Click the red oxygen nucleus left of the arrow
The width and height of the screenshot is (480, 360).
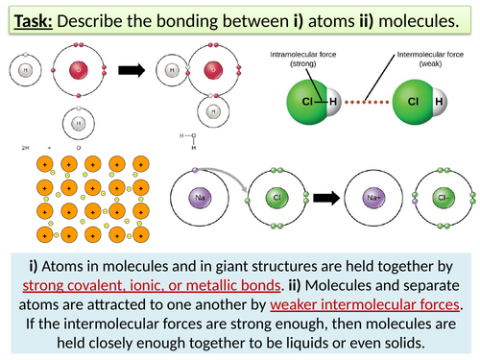[79, 69]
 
